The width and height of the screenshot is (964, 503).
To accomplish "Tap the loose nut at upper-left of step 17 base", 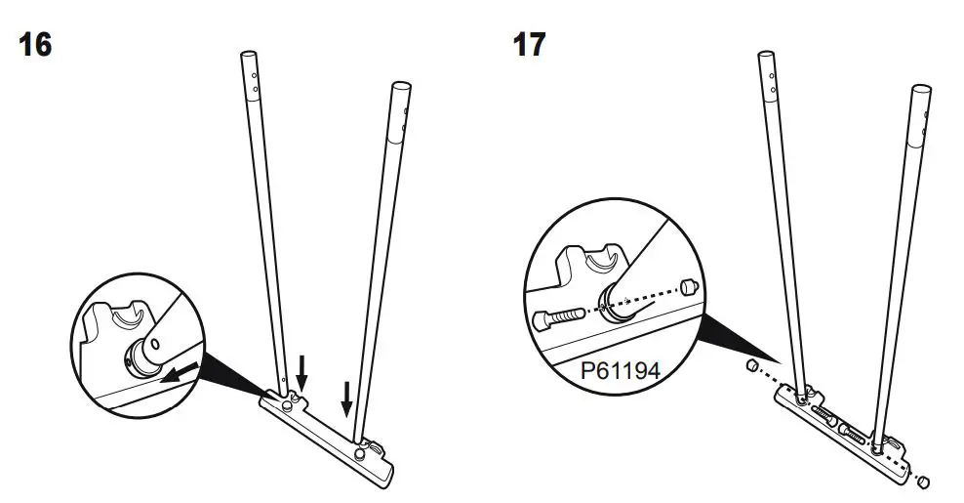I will [x=752, y=365].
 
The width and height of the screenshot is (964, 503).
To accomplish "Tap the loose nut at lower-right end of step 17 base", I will [x=924, y=481].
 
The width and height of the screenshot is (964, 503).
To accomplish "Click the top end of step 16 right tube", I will [x=401, y=88].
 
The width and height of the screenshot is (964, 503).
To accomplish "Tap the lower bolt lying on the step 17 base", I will [x=858, y=434].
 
